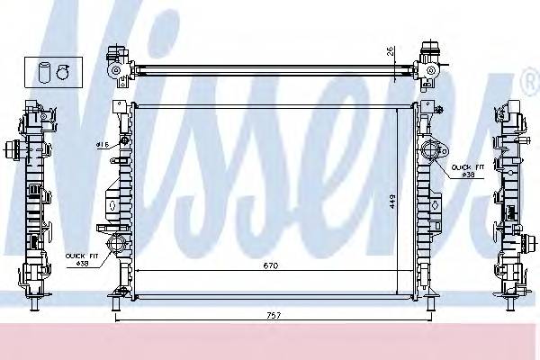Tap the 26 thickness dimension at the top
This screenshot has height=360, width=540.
(390, 50)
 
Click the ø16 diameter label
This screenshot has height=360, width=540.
(102, 144)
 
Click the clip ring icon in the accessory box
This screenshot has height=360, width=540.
(63, 70)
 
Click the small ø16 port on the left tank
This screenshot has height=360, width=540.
(120, 145)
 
